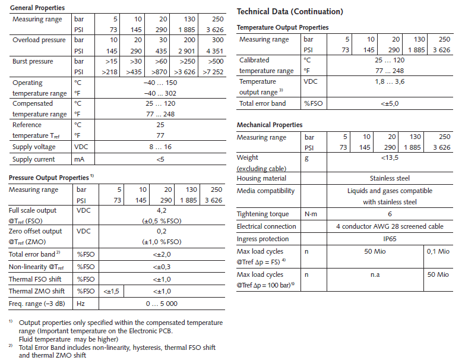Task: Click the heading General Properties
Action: click(x=37, y=8)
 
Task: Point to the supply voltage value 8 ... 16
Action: click(x=160, y=147)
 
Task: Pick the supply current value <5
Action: click(x=160, y=159)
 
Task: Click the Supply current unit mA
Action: click(x=80, y=159)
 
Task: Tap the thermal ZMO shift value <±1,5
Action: click(x=112, y=291)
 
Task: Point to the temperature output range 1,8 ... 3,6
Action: click(x=389, y=81)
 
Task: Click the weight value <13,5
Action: click(x=389, y=157)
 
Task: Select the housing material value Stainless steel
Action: click(x=389, y=178)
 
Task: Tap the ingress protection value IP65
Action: click(x=389, y=239)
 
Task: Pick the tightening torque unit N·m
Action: click(x=312, y=214)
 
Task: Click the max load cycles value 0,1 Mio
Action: click(x=438, y=252)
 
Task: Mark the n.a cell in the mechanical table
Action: click(x=375, y=274)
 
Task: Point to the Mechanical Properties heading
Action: click(x=270, y=125)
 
